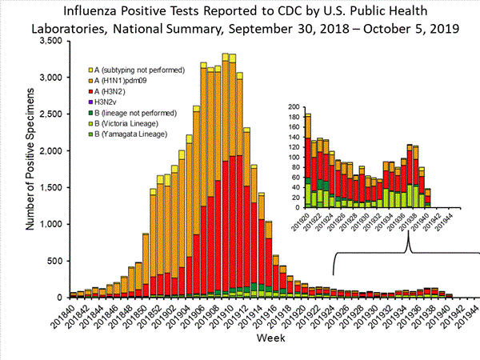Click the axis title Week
click(x=268, y=338)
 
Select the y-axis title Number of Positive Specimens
click(x=30, y=167)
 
